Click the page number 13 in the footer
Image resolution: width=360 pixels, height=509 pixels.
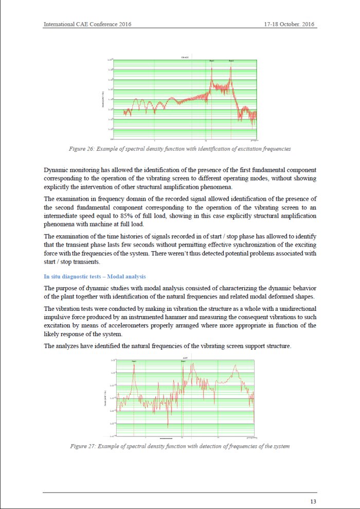point(313,501)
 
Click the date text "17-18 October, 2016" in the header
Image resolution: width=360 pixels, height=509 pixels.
point(290,24)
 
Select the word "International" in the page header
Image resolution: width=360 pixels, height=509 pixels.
point(60,24)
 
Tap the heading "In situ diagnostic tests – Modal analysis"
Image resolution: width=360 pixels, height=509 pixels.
point(95,277)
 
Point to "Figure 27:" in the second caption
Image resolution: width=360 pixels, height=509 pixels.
point(82,446)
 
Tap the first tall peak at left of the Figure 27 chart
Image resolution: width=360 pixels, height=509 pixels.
point(134,366)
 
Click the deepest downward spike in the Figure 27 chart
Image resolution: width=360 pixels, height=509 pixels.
point(168,426)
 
